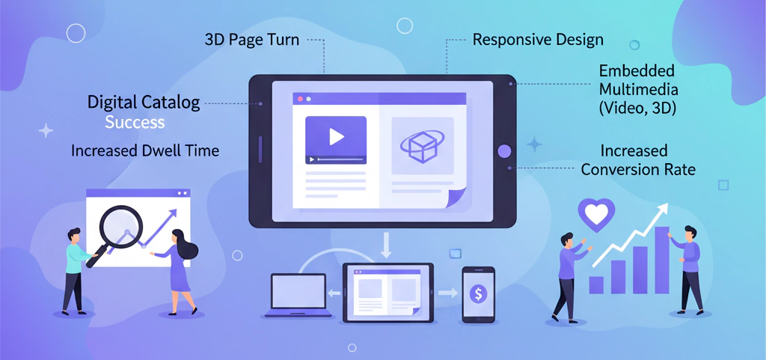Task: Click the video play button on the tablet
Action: tap(336, 136)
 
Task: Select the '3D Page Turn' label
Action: tap(252, 40)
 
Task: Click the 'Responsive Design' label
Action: tap(538, 39)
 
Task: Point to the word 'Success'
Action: tap(135, 122)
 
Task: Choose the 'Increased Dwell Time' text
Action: tap(145, 150)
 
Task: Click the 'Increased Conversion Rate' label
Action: tap(638, 160)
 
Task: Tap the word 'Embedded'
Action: tap(637, 71)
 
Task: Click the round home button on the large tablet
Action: tap(504, 151)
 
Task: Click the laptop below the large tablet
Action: tap(296, 295)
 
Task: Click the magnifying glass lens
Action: tap(121, 225)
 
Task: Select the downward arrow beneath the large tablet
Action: tap(387, 244)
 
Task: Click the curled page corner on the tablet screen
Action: tap(457, 198)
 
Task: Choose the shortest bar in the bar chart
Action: tap(596, 284)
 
